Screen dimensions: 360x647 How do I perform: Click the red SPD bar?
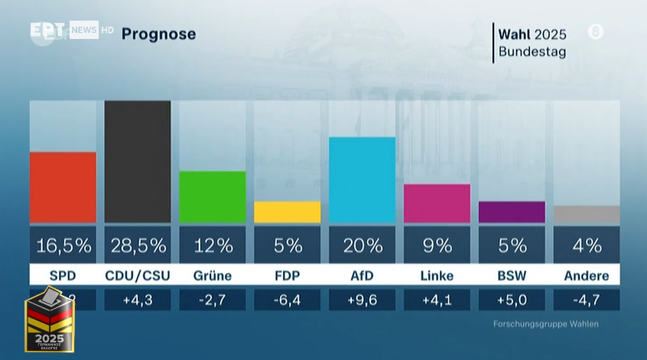(x=63, y=187)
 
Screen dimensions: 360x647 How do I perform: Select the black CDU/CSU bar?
(x=138, y=161)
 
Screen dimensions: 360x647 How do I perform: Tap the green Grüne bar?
(x=213, y=197)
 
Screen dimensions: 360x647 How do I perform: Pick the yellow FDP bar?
(x=287, y=212)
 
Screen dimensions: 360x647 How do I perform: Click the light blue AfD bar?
(x=362, y=180)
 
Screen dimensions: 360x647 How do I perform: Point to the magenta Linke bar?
(x=437, y=203)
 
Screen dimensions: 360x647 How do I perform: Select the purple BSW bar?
(x=512, y=212)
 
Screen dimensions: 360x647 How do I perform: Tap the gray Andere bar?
(x=587, y=214)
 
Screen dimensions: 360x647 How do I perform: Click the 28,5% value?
(x=138, y=245)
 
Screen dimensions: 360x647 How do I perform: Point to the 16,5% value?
(x=63, y=245)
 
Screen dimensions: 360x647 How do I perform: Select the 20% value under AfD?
(x=362, y=245)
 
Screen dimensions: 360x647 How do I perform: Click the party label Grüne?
(x=213, y=276)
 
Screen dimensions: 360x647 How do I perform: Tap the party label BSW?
(x=512, y=276)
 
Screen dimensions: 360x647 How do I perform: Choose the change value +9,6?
(x=362, y=300)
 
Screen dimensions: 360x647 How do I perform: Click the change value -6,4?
(x=287, y=300)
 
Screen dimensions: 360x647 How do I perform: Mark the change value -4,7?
(x=587, y=300)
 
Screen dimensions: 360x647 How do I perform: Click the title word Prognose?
(x=158, y=34)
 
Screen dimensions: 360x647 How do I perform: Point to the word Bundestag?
(x=532, y=52)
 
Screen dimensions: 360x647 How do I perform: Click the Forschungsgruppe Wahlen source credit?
(x=545, y=324)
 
